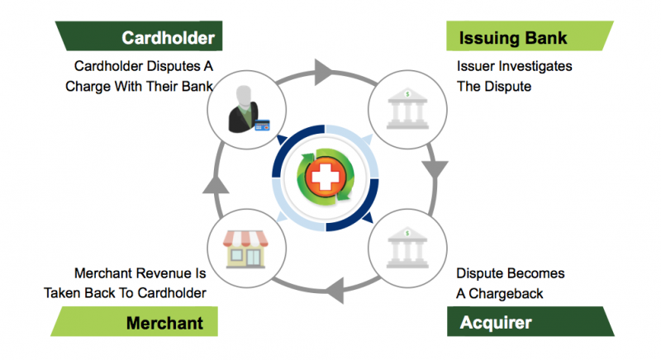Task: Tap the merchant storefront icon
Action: click(x=245, y=246)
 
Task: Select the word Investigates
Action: click(x=536, y=66)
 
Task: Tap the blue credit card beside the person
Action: click(x=263, y=126)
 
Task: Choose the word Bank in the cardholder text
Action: click(x=196, y=86)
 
